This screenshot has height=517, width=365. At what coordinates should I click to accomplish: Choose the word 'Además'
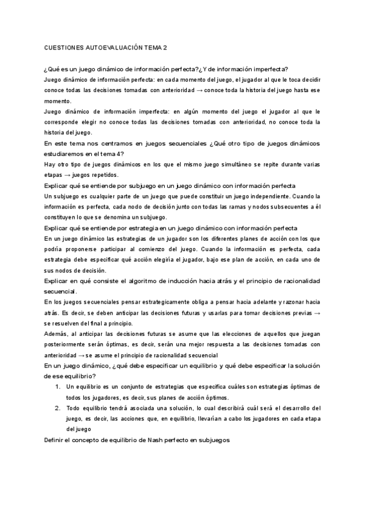tap(56, 334)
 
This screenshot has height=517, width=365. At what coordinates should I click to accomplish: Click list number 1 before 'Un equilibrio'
tap(58, 387)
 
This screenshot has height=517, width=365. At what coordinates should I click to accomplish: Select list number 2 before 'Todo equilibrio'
tap(58, 408)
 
